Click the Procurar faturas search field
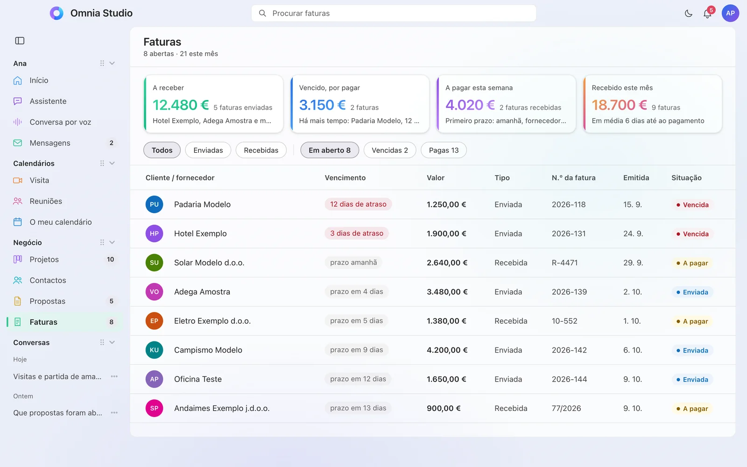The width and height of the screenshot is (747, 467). (x=394, y=14)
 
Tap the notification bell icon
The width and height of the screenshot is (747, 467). (x=707, y=14)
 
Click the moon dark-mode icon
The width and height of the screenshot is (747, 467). (x=688, y=14)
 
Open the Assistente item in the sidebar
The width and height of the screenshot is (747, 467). (x=48, y=101)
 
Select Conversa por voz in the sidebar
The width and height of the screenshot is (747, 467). (x=60, y=122)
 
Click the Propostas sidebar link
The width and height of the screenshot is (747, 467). (x=47, y=301)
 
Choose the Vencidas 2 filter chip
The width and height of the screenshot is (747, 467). (x=389, y=150)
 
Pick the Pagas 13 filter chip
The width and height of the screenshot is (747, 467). (x=444, y=150)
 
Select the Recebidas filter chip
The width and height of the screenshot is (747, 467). (x=261, y=150)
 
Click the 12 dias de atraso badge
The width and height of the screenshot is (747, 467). (x=358, y=204)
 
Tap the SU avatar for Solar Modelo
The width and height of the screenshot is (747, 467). (x=154, y=262)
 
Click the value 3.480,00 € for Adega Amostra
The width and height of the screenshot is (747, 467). (x=447, y=292)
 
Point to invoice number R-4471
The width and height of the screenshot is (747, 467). (x=564, y=262)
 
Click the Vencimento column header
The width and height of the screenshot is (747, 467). (x=345, y=178)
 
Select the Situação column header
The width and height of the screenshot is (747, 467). (x=686, y=178)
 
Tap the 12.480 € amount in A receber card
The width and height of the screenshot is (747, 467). (x=180, y=105)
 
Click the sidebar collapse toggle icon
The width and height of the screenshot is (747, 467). (x=20, y=41)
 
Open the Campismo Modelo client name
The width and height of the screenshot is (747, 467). (x=208, y=350)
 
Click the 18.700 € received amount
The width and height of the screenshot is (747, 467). (x=619, y=105)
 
